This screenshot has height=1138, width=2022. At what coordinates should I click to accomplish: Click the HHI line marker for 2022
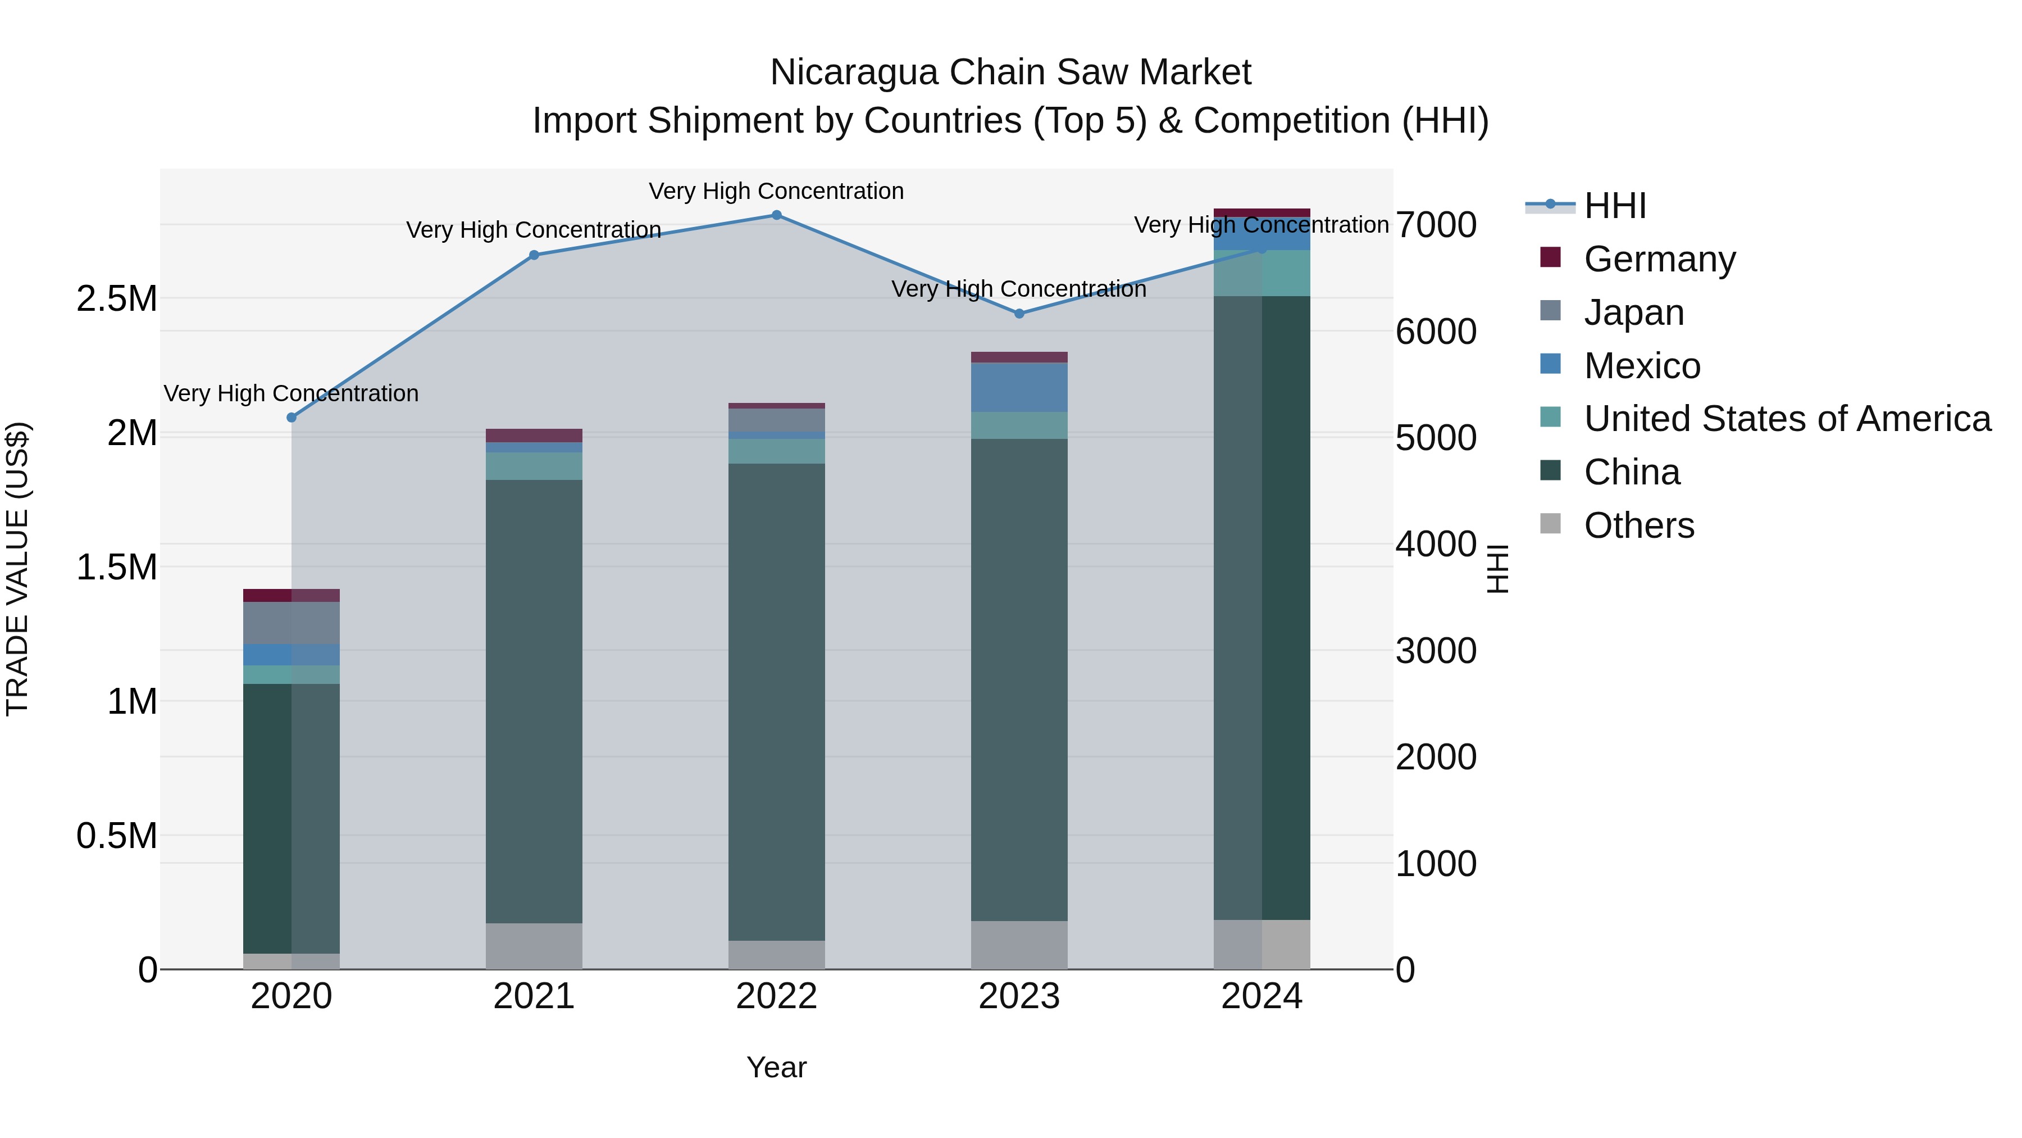click(x=776, y=215)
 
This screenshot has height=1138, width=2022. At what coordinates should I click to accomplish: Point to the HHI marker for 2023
click(x=1019, y=314)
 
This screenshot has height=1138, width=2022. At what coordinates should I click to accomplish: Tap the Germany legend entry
click(x=1659, y=259)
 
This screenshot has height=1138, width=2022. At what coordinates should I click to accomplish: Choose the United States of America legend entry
click(x=1787, y=419)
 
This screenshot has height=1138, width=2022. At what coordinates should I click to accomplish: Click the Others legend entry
click(x=1638, y=525)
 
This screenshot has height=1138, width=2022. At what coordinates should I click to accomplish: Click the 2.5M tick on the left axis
click(x=116, y=299)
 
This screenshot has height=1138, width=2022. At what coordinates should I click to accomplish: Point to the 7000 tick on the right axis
click(x=1436, y=225)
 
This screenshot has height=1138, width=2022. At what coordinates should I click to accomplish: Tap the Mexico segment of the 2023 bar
click(x=1019, y=387)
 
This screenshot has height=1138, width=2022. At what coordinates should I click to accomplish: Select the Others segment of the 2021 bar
click(x=534, y=946)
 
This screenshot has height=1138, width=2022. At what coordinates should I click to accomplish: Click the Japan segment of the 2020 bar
click(x=291, y=623)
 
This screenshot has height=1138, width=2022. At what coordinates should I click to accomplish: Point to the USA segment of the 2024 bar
click(x=1262, y=273)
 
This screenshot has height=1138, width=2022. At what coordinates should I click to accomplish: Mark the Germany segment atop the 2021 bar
click(x=534, y=435)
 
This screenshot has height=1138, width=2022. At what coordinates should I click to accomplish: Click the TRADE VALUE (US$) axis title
click(x=17, y=569)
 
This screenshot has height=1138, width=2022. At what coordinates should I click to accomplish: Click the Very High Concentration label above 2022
click(x=776, y=192)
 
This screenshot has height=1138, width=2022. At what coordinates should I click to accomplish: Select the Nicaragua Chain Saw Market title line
click(x=1010, y=72)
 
